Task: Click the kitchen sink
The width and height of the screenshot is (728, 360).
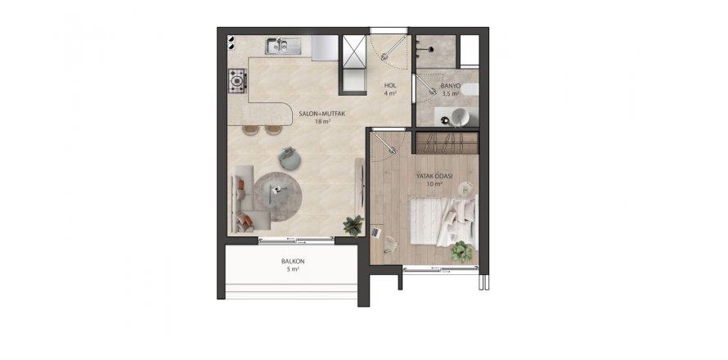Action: click(x=283, y=46)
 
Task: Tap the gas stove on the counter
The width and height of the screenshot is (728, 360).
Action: click(x=237, y=81)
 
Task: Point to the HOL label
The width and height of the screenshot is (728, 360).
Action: click(x=389, y=85)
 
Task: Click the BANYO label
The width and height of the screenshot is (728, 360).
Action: click(x=450, y=86)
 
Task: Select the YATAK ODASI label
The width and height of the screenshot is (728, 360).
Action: click(x=434, y=176)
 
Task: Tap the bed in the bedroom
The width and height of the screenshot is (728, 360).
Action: click(x=443, y=221)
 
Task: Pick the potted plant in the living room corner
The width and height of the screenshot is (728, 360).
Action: click(x=353, y=226)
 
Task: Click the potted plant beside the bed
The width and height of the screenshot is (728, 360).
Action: click(x=461, y=251)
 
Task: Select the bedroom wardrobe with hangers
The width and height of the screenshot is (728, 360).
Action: click(x=447, y=143)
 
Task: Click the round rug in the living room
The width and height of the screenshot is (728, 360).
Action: click(x=277, y=196)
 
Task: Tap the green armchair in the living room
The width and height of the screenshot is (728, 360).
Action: click(x=290, y=158)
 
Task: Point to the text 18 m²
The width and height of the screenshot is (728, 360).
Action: click(x=322, y=121)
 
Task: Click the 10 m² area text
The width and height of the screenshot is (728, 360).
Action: click(x=434, y=184)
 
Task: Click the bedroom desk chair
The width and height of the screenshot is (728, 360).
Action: click(x=390, y=244)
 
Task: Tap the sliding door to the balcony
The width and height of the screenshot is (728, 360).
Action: click(x=296, y=241)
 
